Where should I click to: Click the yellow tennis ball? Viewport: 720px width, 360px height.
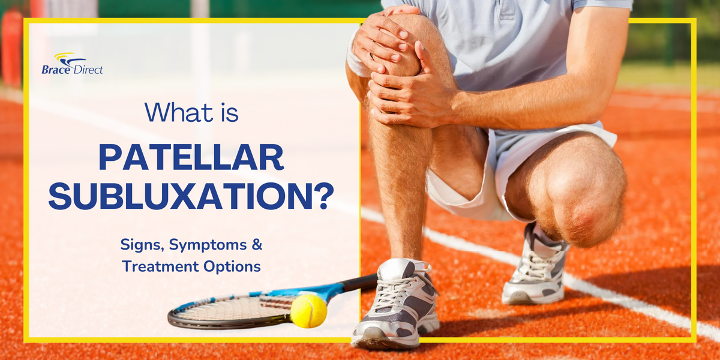click(308, 311)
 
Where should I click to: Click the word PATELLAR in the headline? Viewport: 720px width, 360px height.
click(191, 158)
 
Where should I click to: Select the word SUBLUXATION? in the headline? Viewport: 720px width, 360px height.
click(191, 196)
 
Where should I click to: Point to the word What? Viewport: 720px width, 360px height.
click(173, 113)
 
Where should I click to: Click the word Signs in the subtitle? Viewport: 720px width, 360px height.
click(142, 245)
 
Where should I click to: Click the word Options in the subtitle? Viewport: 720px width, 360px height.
click(235, 266)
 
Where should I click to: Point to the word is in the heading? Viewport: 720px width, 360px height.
click(227, 113)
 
